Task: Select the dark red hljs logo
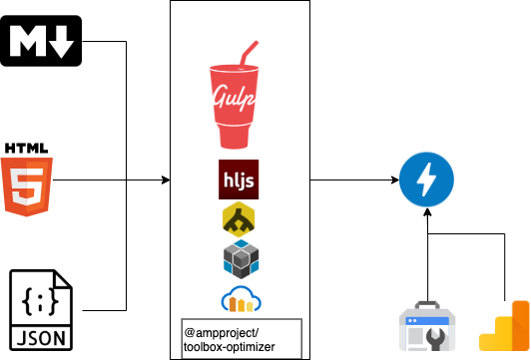pos(239,180)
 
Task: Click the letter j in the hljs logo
pos(243,180)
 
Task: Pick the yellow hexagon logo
pos(239,219)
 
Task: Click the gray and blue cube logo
pos(241,259)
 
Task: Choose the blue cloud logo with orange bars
pos(241,299)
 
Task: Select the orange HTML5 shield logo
pos(26,186)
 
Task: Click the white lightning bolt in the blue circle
pos(426,180)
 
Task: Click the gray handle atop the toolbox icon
pos(427,304)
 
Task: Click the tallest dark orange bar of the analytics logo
pos(520,325)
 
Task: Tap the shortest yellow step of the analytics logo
pos(487,343)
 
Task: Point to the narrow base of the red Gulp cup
pos(234,143)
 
